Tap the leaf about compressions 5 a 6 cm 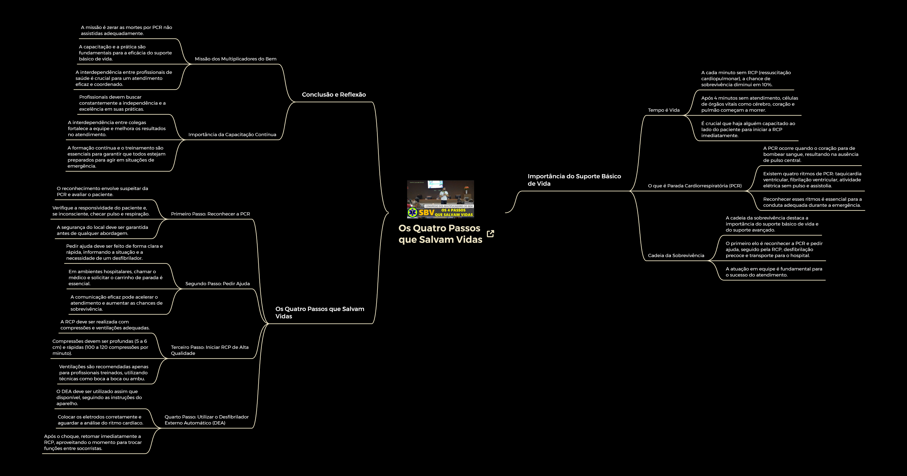point(100,347)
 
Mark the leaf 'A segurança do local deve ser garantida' point(102,230)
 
